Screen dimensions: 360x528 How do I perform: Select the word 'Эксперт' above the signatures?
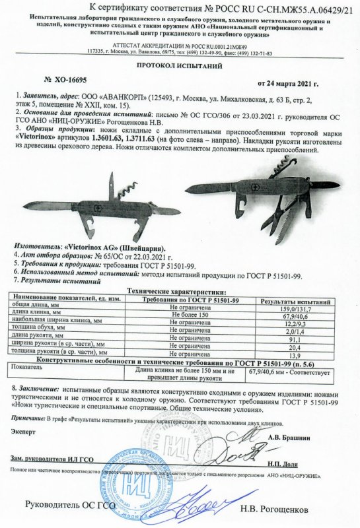coord(22,429)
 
